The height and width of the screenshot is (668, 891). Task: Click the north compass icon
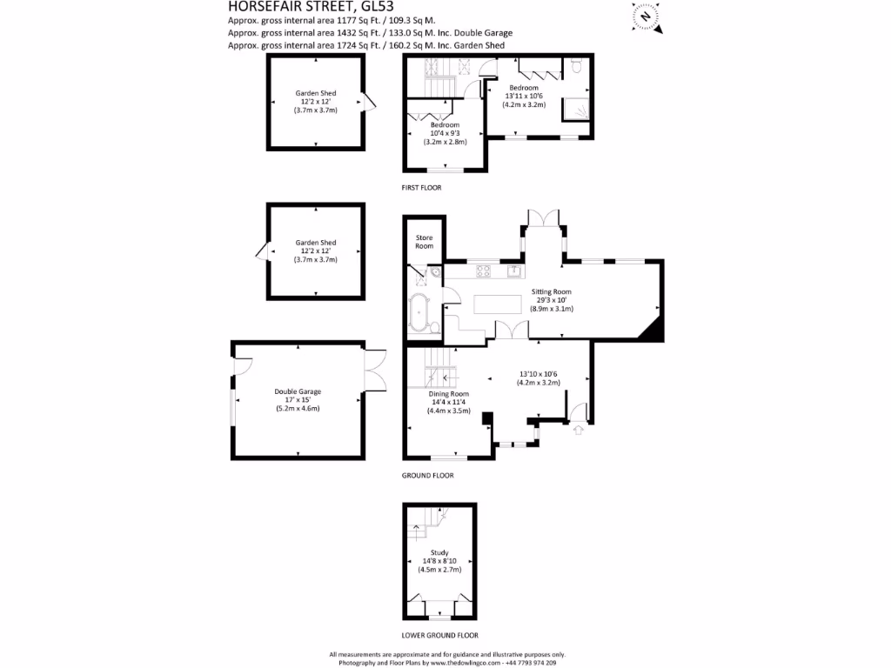tap(646, 16)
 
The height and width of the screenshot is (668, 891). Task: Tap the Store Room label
tap(424, 242)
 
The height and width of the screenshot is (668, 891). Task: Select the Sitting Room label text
tap(551, 292)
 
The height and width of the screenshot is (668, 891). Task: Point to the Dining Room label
tap(448, 394)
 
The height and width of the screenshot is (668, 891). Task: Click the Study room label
tap(439, 552)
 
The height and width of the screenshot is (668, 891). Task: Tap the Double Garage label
tap(298, 391)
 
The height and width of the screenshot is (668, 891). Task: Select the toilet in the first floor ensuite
tap(576, 67)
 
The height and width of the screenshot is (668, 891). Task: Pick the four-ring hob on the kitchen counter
tap(483, 271)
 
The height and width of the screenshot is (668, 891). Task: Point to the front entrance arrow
tap(579, 429)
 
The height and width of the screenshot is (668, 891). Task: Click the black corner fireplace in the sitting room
tap(653, 329)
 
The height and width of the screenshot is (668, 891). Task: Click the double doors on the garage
tap(374, 371)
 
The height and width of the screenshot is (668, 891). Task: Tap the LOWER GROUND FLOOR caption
tap(439, 636)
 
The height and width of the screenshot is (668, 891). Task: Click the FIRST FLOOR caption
tap(421, 188)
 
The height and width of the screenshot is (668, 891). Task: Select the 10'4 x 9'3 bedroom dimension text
tap(445, 132)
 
